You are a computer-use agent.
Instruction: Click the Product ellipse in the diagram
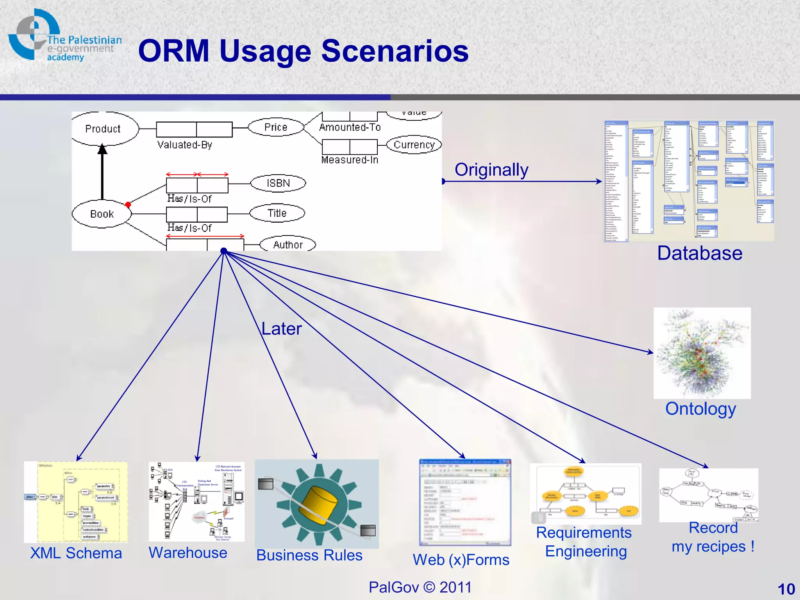pyautogui.click(x=103, y=129)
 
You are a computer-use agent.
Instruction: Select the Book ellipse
pyautogui.click(x=102, y=214)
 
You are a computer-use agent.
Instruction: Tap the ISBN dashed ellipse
pyautogui.click(x=278, y=183)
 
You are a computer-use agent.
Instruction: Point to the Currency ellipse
pyautogui.click(x=414, y=145)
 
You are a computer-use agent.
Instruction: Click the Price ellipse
pyautogui.click(x=276, y=127)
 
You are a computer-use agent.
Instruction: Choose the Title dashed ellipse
pyautogui.click(x=277, y=213)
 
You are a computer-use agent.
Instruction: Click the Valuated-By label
pyautogui.click(x=185, y=145)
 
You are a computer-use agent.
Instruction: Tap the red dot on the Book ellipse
pyautogui.click(x=128, y=204)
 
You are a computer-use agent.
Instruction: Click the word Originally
pyautogui.click(x=491, y=170)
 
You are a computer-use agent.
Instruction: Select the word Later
pyautogui.click(x=281, y=329)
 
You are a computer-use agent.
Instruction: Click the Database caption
pyautogui.click(x=700, y=253)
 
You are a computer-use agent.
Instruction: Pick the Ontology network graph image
pyautogui.click(x=702, y=353)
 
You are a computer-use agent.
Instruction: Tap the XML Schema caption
pyautogui.click(x=76, y=553)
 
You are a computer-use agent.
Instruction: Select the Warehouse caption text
pyautogui.click(x=188, y=552)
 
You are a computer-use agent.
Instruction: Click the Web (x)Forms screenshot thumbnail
pyautogui.click(x=465, y=502)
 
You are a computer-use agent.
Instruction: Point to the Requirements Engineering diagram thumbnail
pyautogui.click(x=585, y=494)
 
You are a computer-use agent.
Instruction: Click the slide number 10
pyautogui.click(x=786, y=589)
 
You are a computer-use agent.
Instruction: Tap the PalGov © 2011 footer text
pyautogui.click(x=420, y=587)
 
